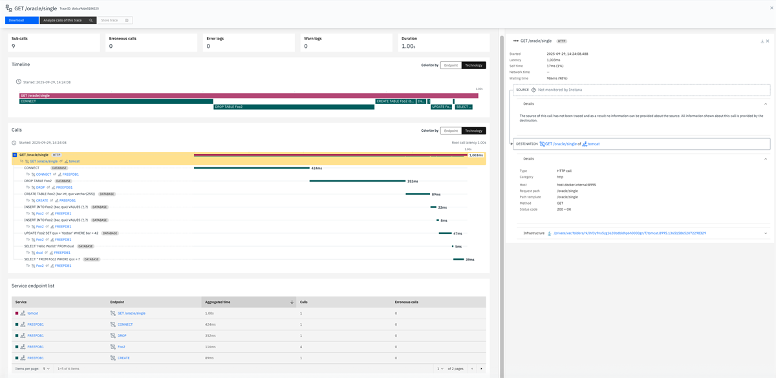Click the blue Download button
pos(21,21)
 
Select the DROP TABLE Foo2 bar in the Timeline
pos(294,107)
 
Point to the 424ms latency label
pos(317,168)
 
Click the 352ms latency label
pos(412,181)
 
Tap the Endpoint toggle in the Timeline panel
pos(451,65)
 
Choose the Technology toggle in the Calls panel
pos(473,131)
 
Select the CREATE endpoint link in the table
pos(124,357)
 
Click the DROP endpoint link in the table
pos(122,335)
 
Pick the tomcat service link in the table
pos(32,313)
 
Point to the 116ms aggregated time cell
pos(210,346)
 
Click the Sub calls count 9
pos(14,47)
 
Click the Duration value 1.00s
pos(408,47)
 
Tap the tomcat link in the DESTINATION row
pos(593,144)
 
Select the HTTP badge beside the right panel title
pos(561,41)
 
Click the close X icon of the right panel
pos(768,41)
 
